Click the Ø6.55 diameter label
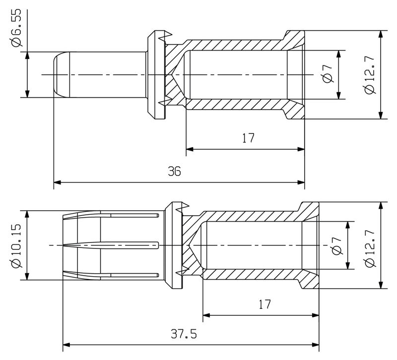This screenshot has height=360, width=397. pyautogui.click(x=16, y=28)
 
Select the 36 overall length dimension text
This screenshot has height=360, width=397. pyautogui.click(x=175, y=171)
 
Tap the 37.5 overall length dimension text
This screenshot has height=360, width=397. pyautogui.click(x=184, y=334)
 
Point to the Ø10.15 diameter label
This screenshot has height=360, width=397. pyautogui.click(x=16, y=245)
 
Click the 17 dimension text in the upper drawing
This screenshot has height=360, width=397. pyautogui.click(x=248, y=138)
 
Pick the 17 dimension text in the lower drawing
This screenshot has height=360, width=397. pyautogui.click(x=265, y=304)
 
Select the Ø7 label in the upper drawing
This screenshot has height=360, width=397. pyautogui.click(x=328, y=73)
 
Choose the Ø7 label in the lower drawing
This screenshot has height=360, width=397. pyautogui.click(x=337, y=246)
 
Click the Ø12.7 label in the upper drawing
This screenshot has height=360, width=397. pyautogui.click(x=370, y=75)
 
